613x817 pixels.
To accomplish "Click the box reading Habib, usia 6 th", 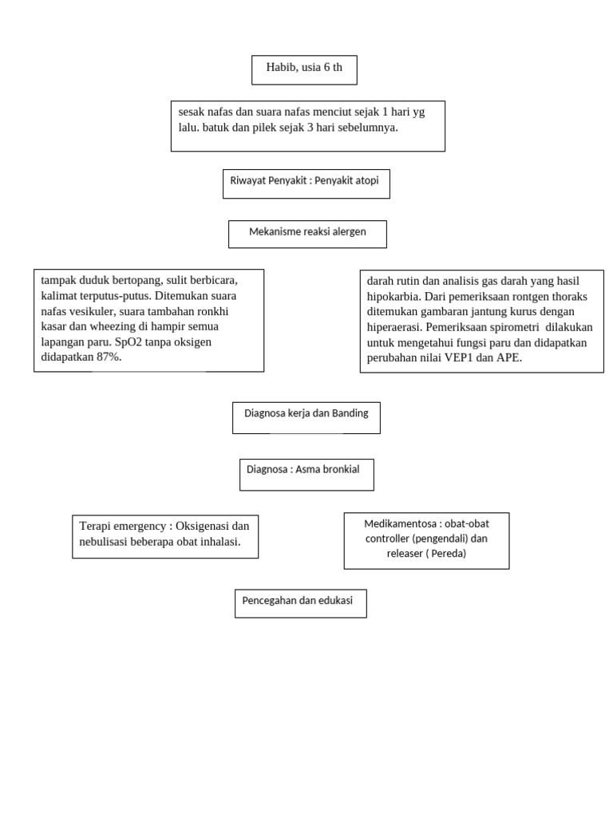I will coord(304,69).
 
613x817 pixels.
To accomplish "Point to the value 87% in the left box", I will coord(108,357).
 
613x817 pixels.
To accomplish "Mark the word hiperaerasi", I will coord(395,327).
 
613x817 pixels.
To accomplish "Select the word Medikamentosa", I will coord(401,524).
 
